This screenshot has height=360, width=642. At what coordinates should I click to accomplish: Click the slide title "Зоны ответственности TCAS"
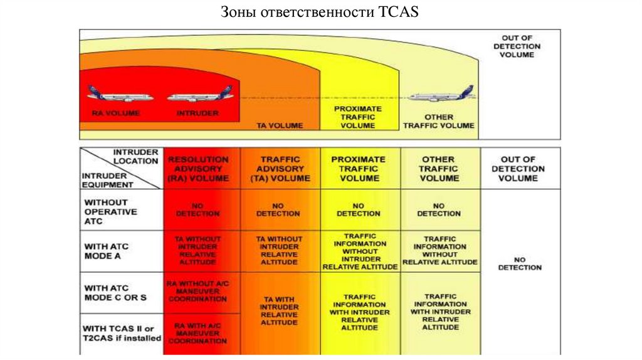(x=320, y=12)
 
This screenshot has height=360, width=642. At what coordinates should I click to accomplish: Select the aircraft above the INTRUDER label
(x=200, y=95)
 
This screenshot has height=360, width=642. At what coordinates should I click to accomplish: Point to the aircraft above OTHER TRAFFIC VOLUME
(x=442, y=95)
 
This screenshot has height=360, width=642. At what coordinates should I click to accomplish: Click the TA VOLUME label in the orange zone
(x=280, y=125)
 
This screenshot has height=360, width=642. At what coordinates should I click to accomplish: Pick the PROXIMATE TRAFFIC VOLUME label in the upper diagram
(x=357, y=117)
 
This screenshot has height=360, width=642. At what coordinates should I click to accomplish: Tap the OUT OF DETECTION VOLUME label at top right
(x=517, y=46)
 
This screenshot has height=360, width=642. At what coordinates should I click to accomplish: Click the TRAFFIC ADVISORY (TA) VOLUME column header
(x=280, y=169)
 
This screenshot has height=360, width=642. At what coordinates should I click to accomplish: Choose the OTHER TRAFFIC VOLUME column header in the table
(x=439, y=169)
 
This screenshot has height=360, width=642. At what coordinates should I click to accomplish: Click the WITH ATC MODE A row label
(x=107, y=251)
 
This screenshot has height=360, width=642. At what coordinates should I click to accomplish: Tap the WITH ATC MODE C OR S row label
(x=115, y=292)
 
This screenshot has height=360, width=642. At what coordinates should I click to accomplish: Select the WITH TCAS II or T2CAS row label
(x=122, y=333)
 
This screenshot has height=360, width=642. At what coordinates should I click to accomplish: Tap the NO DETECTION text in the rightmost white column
(x=520, y=263)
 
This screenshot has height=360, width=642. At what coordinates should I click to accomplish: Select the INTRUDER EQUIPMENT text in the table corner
(x=108, y=180)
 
